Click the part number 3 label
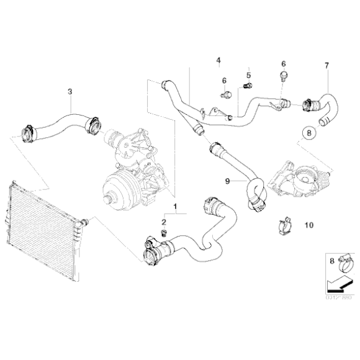click(70, 91)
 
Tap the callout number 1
click(175, 205)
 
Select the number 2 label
click(164, 222)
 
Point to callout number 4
click(218, 60)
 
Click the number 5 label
click(248, 68)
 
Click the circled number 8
click(308, 132)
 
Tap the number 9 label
click(227, 180)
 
